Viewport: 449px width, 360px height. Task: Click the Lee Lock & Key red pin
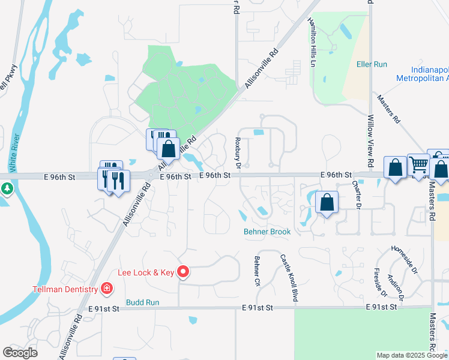pyautogui.click(x=184, y=272)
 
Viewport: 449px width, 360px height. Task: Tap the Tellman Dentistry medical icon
pyautogui.click(x=106, y=289)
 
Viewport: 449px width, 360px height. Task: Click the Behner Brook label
pyautogui.click(x=267, y=232)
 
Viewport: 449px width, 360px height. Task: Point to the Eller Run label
pyautogui.click(x=372, y=64)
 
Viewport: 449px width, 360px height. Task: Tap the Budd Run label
pyautogui.click(x=142, y=302)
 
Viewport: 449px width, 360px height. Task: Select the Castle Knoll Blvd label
pyautogui.click(x=289, y=277)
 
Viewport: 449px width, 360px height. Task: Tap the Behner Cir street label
pyautogui.click(x=256, y=271)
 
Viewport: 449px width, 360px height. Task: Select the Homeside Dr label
pyautogui.click(x=404, y=259)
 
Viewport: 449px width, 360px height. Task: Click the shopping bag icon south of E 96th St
pyautogui.click(x=327, y=203)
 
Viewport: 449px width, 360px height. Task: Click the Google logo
pyautogui.click(x=20, y=353)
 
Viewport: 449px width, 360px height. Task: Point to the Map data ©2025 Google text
pyautogui.click(x=412, y=355)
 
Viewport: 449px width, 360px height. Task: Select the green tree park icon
pyautogui.click(x=7, y=190)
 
